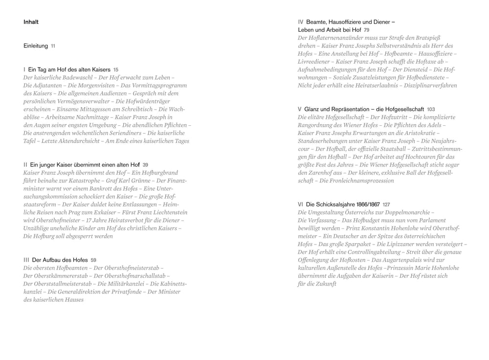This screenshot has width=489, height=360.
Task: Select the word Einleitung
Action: [36, 46]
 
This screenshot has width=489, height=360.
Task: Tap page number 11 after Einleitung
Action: [53, 46]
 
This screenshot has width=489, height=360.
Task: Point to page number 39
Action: [145, 165]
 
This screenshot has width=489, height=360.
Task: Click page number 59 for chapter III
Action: [94, 260]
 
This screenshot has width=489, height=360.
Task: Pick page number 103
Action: [431, 109]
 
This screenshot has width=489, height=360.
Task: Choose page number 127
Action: [386, 204]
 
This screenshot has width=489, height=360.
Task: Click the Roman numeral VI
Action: [301, 204]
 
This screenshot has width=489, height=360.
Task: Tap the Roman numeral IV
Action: [301, 22]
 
